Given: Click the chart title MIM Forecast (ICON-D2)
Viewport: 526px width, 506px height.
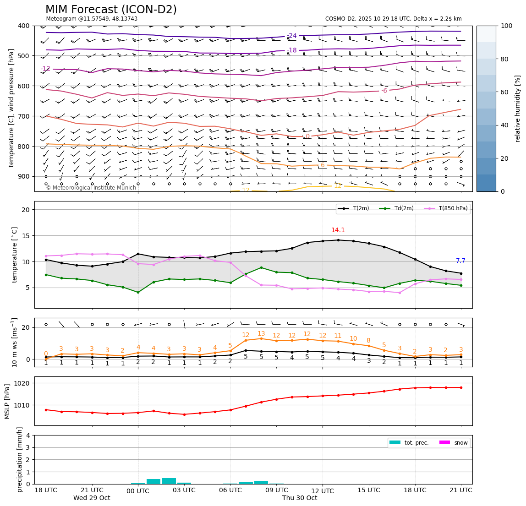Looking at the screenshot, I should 111,10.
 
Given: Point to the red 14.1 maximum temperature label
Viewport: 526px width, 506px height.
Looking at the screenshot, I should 338,230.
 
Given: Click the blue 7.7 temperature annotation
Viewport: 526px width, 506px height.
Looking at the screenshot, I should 460,261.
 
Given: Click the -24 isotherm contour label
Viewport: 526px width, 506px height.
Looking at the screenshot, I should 292,36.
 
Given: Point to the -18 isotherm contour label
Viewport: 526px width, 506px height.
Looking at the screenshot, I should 292,50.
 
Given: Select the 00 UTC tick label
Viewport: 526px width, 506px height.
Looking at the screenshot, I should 138,491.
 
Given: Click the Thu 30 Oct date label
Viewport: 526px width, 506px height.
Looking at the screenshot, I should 300,498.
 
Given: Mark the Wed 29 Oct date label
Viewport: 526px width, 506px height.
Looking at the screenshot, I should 92,498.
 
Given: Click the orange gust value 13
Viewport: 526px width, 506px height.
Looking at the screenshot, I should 261,334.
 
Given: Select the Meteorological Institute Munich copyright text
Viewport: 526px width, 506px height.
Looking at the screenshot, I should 91,188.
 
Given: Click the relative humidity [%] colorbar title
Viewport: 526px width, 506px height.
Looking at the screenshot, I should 518,109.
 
